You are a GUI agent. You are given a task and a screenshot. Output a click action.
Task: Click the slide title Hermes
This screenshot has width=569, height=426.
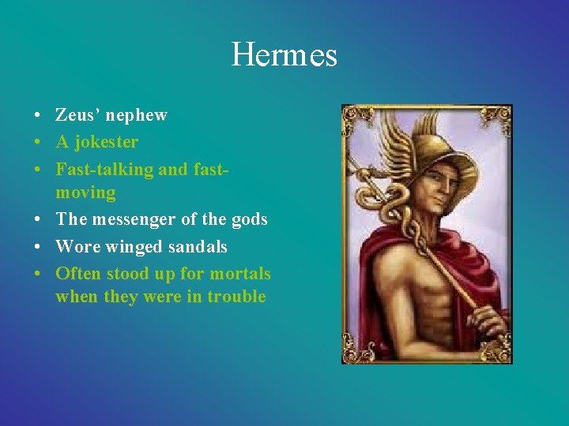point(284,55)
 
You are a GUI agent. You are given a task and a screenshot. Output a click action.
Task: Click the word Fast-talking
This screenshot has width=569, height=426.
point(102,169)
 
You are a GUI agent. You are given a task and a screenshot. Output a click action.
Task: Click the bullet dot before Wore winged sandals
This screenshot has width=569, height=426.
point(38,247)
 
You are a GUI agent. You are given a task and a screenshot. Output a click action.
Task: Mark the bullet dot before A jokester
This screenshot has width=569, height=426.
point(38,142)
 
